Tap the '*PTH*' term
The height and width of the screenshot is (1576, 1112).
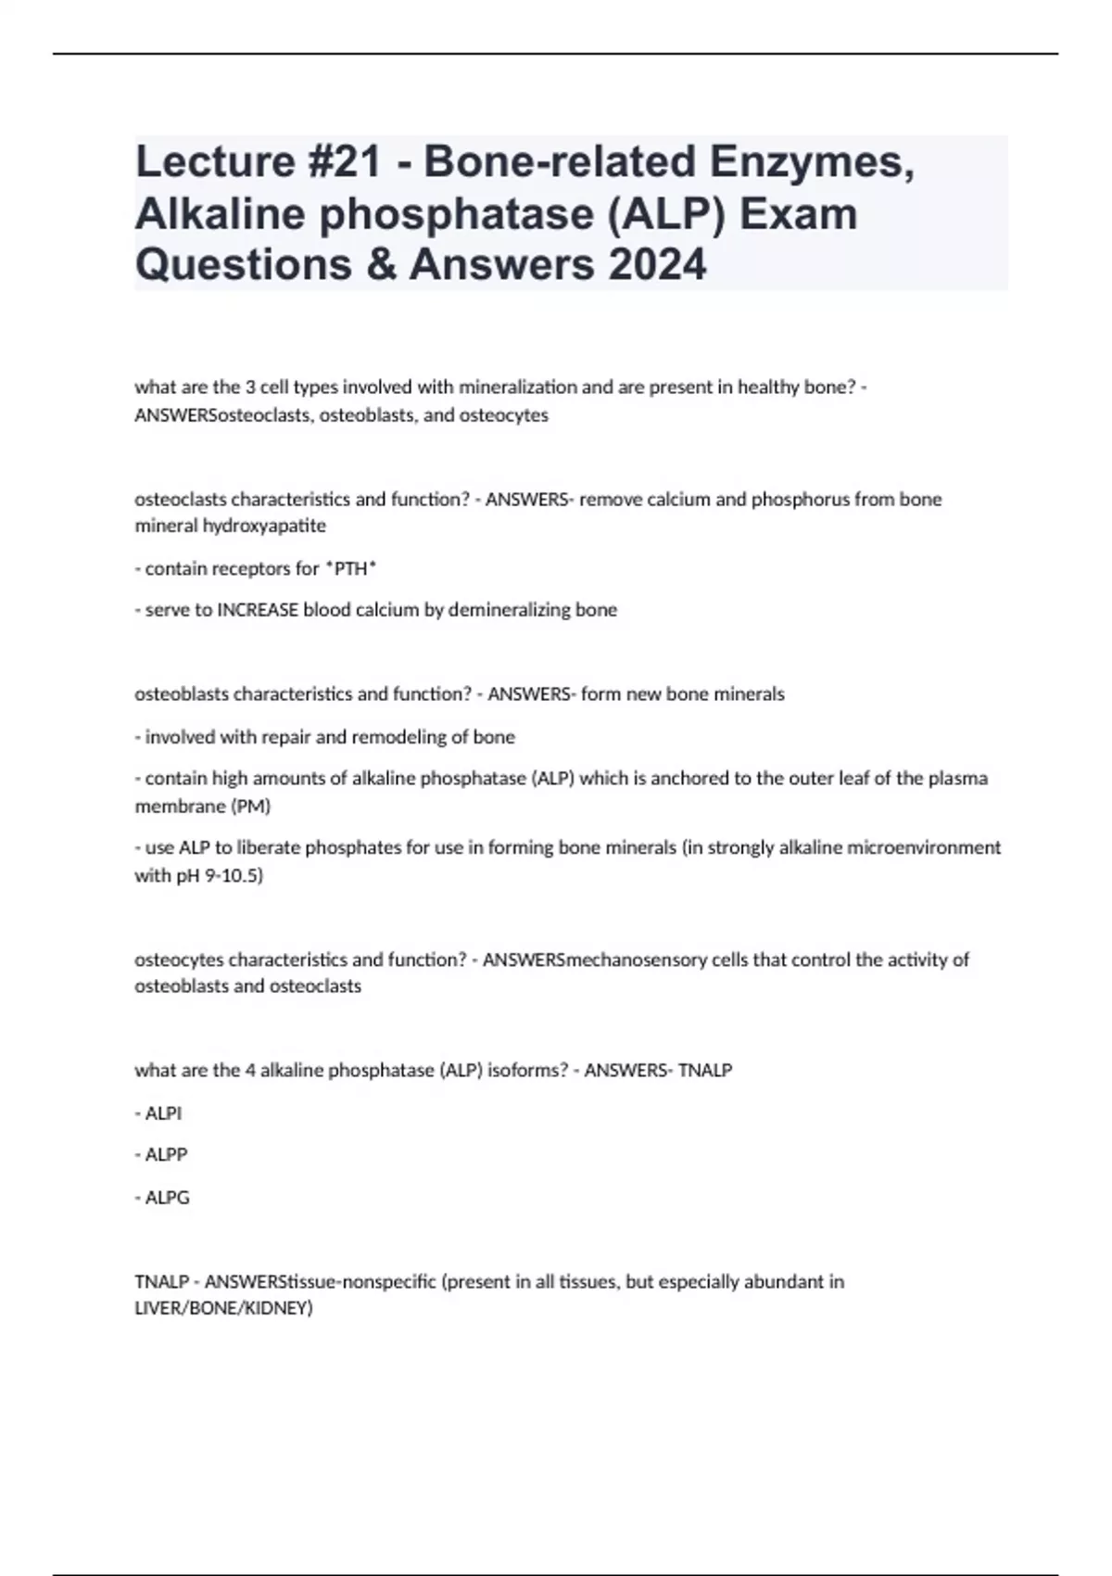pos(350,568)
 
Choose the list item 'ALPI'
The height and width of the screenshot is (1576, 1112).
pos(163,1113)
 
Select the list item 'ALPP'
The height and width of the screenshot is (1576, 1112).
pos(166,1155)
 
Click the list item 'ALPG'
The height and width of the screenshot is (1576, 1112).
pos(167,1198)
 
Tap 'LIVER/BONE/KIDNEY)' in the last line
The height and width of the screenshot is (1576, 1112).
pos(224,1309)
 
